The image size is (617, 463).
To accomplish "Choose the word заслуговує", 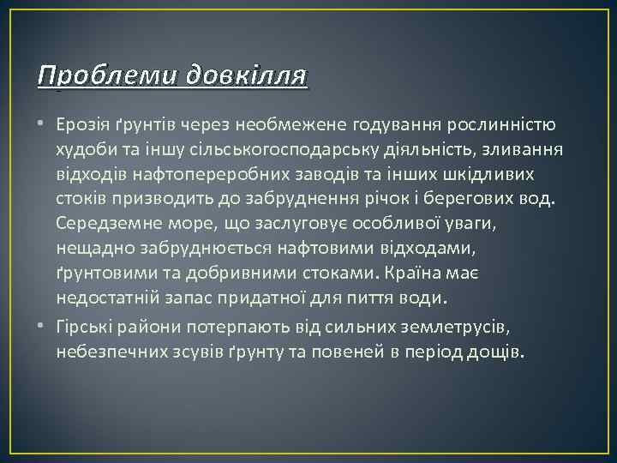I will (x=282, y=224).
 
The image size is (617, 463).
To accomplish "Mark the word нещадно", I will (x=93, y=248).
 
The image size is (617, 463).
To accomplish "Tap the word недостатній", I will (x=111, y=298).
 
